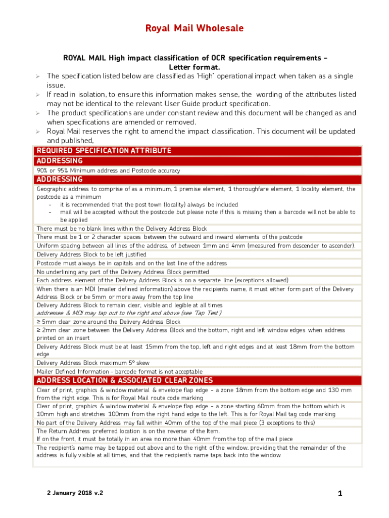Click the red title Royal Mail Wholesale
coord(194,28)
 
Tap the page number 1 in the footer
coord(340,493)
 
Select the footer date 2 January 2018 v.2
coord(76,493)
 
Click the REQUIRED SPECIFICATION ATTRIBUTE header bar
coord(104,151)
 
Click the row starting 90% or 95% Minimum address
coord(108,170)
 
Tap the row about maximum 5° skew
coord(93,363)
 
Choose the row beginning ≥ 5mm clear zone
coord(108,322)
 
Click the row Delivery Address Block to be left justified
coord(91,254)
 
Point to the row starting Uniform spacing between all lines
coord(196,246)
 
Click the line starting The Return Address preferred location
coord(132,431)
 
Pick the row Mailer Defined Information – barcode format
coord(119,372)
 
